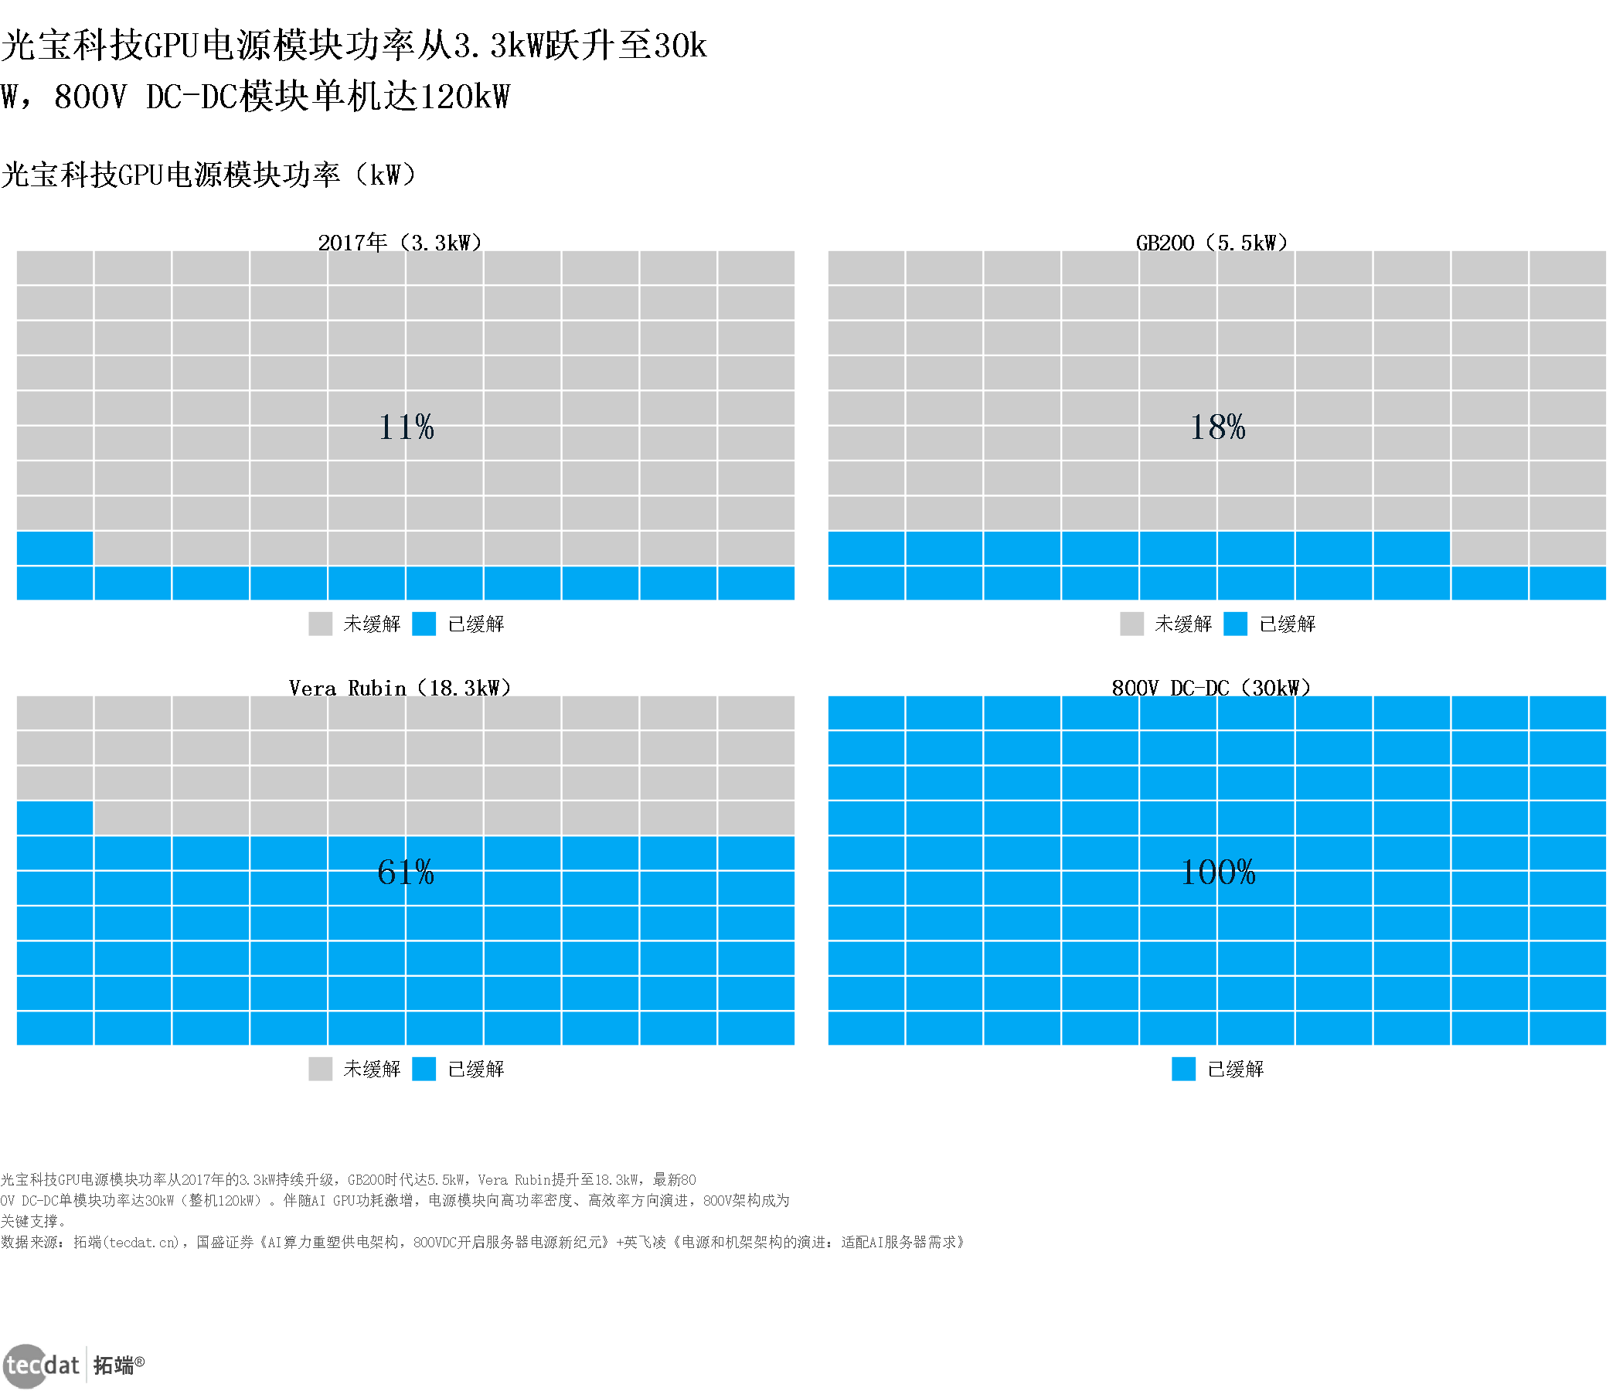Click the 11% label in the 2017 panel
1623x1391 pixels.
[406, 427]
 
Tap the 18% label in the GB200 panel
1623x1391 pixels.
[1217, 427]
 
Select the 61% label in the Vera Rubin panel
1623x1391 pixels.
[406, 872]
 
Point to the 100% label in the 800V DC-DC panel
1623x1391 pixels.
[1217, 872]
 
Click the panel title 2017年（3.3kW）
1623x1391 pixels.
[400, 242]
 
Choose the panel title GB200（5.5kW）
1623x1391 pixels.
[1212, 242]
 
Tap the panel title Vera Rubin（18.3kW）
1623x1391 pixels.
[400, 688]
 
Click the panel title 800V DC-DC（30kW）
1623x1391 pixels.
[1211, 688]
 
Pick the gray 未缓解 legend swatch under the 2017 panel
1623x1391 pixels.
[321, 624]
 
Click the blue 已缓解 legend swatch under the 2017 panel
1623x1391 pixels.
[424, 624]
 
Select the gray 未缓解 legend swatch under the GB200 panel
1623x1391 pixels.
[1132, 624]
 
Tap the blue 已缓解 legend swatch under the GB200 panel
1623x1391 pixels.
[1235, 624]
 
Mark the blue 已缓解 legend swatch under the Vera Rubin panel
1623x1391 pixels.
[424, 1068]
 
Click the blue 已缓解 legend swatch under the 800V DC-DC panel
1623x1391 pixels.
[1183, 1068]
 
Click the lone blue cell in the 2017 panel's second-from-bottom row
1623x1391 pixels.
[55, 547]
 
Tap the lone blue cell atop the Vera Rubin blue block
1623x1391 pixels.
[55, 817]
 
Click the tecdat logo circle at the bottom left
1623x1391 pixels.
[26, 1365]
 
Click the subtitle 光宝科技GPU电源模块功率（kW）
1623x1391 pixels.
[209, 174]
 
